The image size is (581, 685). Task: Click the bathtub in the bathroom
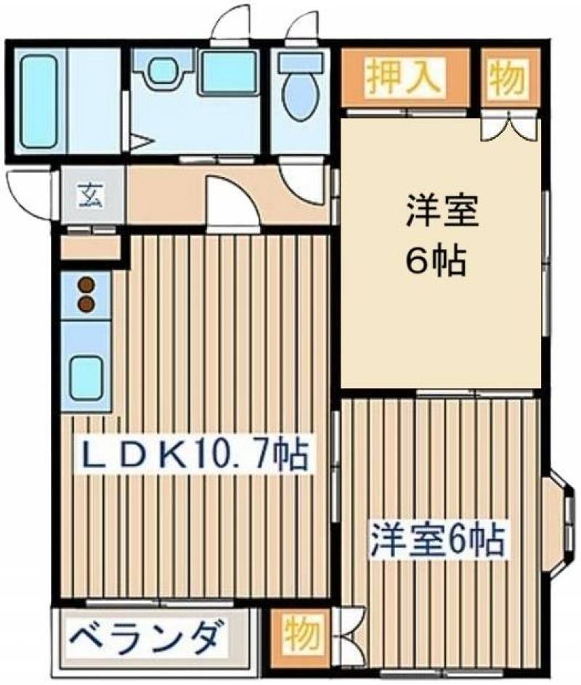[39, 102]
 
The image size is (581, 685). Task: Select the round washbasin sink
[162, 69]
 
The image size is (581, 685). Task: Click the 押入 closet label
[402, 77]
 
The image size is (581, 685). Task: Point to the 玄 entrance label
[91, 196]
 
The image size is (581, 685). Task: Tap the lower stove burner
[86, 303]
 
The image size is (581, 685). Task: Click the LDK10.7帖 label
[194, 454]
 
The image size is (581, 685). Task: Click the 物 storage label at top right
[506, 78]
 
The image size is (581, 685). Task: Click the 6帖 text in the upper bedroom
[435, 261]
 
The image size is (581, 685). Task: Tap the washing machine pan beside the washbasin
[228, 73]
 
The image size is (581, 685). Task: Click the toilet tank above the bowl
[301, 62]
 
